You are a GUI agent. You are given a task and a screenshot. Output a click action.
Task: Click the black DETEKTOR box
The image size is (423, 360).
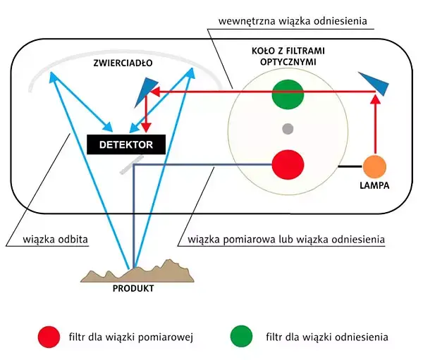pyautogui.click(x=125, y=144)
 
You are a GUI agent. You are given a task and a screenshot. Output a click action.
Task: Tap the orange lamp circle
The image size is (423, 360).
pyautogui.click(x=374, y=166)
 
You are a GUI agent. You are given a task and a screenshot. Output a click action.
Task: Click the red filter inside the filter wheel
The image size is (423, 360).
pyautogui.click(x=287, y=166)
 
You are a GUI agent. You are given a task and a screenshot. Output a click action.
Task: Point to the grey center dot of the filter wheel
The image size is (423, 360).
pyautogui.click(x=287, y=129)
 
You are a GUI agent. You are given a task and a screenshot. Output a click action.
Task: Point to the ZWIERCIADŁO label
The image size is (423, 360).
pyautogui.click(x=122, y=63)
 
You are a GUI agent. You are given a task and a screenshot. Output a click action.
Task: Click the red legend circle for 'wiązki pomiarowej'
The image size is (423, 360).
pyautogui.click(x=49, y=337)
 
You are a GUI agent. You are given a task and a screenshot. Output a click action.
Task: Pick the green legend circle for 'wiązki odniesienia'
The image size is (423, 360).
pyautogui.click(x=240, y=337)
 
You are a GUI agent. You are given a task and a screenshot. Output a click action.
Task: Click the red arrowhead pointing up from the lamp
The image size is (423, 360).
pyautogui.click(x=374, y=99)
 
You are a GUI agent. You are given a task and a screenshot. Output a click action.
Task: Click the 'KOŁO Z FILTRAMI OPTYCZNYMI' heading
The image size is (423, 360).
pyautogui.click(x=287, y=57)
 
